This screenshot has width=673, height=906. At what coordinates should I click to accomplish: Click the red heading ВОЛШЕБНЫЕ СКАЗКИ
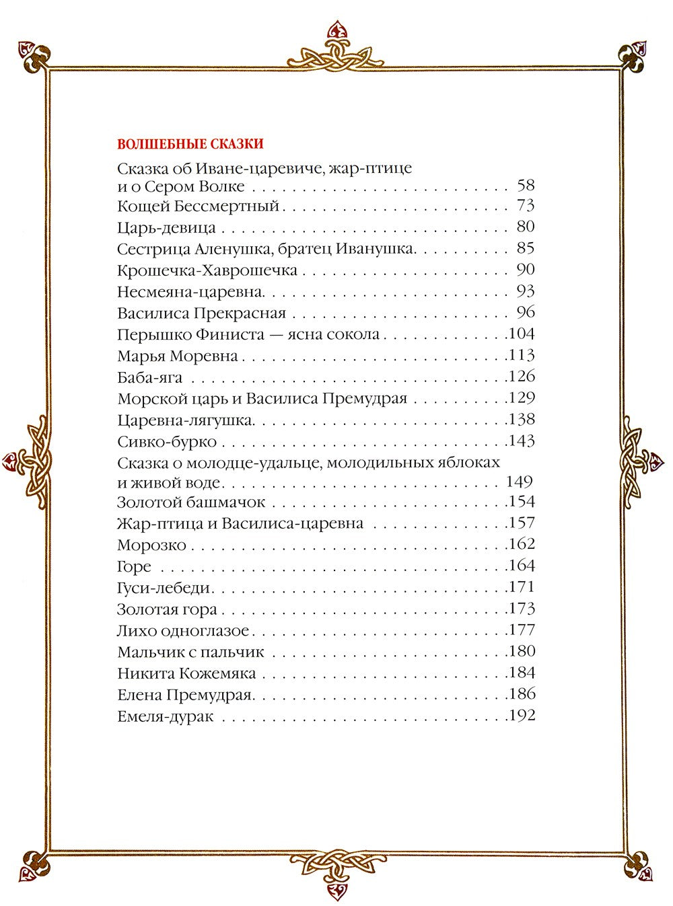pos(190,144)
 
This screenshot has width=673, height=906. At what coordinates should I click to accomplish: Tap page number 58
pos(526,185)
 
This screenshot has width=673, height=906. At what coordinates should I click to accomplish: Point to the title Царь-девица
pos(166,227)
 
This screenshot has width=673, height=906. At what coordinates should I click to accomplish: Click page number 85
pos(526,248)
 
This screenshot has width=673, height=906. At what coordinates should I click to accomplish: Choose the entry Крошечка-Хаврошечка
pos(207,270)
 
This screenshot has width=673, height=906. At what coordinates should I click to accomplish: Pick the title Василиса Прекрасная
pos(202,313)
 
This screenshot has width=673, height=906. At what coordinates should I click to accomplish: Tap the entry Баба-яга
pos(150,377)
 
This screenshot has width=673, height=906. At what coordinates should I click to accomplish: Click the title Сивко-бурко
pos(167,442)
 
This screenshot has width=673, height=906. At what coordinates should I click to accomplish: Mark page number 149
pos(518,482)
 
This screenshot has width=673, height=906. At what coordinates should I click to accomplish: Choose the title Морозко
pos(151,545)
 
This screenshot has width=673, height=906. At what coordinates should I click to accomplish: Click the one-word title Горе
pos(135,566)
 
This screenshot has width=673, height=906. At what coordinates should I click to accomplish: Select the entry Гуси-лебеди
pos(164,589)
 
